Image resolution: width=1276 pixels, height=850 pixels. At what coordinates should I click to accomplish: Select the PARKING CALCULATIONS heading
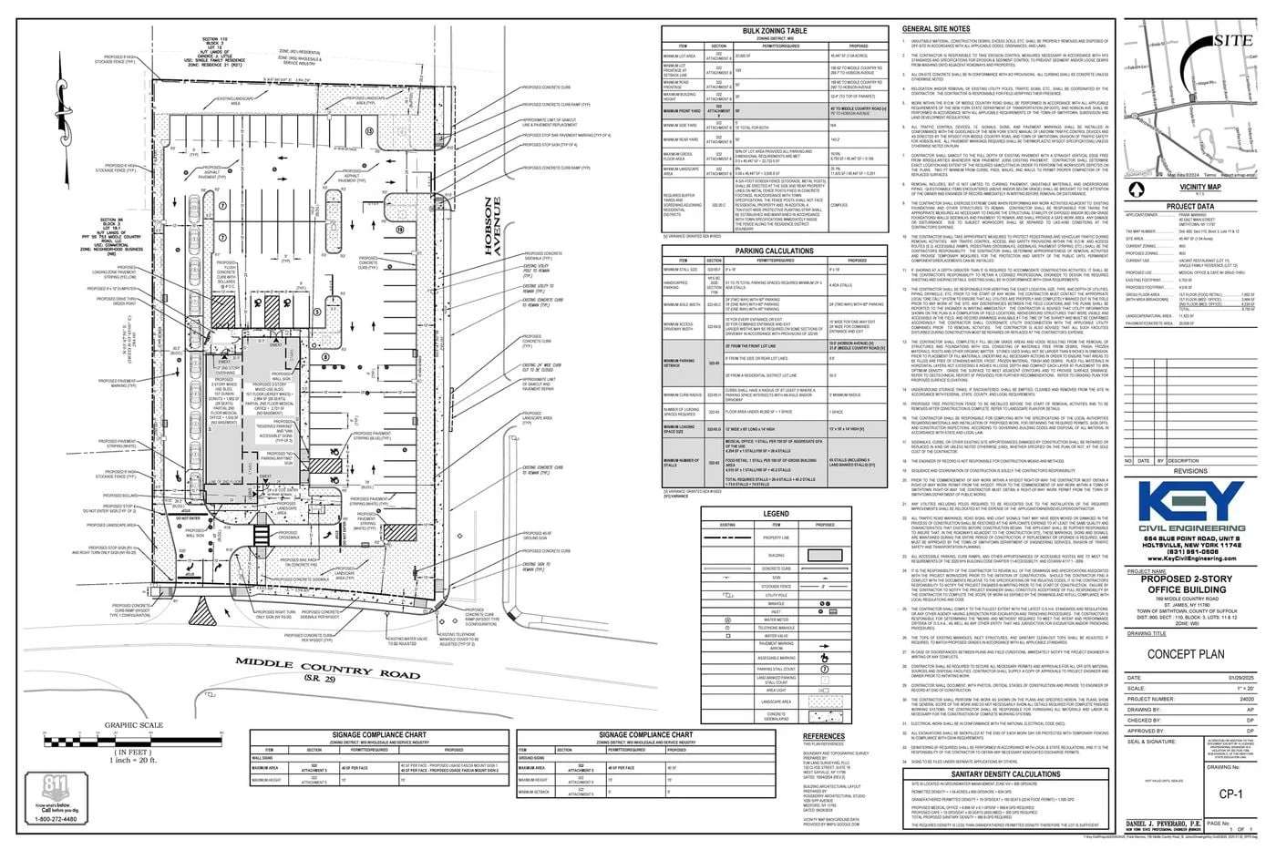click(774, 251)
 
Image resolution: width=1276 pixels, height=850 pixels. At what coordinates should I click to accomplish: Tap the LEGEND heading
click(776, 514)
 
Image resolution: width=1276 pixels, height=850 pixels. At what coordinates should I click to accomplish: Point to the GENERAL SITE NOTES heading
click(936, 29)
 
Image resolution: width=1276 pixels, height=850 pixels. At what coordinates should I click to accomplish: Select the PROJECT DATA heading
click(1189, 207)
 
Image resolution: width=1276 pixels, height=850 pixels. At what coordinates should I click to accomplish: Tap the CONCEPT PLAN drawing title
click(1185, 654)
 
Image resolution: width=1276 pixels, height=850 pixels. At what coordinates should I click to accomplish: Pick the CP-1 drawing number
click(1230, 794)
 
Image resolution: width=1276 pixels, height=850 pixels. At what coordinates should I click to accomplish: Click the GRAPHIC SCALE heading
click(133, 725)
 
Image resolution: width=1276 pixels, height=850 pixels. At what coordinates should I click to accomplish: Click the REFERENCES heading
click(823, 736)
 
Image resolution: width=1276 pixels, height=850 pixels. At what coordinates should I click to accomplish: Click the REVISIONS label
click(1189, 471)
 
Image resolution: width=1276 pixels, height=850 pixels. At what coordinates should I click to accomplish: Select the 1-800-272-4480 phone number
click(57, 819)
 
